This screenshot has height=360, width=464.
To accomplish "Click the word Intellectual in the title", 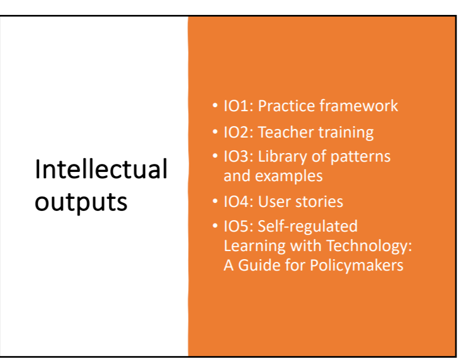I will [101, 170].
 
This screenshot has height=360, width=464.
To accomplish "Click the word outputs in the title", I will [81, 202].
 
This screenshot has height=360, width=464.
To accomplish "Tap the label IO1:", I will [239, 106].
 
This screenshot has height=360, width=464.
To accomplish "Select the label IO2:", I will [239, 132].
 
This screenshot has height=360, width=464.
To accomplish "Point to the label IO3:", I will [239, 156].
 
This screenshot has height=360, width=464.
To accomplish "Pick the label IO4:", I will [239, 202].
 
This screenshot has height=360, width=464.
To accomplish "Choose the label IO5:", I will [239, 226].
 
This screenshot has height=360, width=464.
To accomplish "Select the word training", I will [345, 132].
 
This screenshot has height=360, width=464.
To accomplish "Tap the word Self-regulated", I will [307, 226].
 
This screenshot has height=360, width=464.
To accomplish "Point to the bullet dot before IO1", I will [215, 107].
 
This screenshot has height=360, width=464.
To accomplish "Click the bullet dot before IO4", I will [215, 202].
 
